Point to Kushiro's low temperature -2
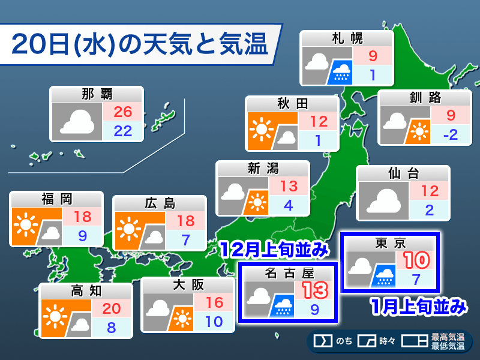(x=450, y=134)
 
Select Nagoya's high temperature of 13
(x=314, y=290)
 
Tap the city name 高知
(x=86, y=291)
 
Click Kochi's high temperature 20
(x=113, y=308)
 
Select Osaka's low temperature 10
(x=215, y=321)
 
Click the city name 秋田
(x=293, y=104)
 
